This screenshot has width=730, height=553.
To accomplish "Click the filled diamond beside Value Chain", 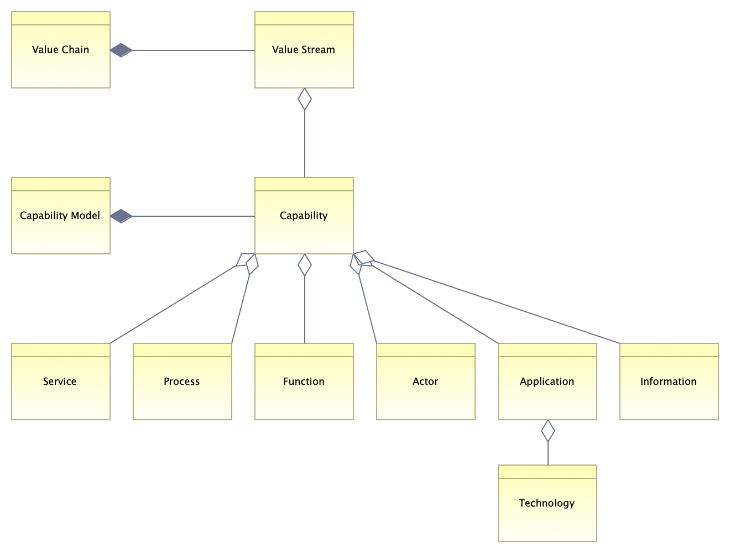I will point(121,50).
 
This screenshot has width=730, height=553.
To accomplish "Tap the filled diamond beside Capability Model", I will point(121,216).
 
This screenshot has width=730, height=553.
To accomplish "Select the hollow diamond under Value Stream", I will point(305,99).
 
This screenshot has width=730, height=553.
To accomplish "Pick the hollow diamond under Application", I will point(548,431).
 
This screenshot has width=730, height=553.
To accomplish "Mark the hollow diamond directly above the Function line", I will point(305,265).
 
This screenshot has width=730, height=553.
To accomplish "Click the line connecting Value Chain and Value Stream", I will point(194,50).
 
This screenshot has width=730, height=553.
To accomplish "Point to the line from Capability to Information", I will point(498,301).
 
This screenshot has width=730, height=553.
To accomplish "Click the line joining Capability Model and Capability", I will point(194,216).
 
